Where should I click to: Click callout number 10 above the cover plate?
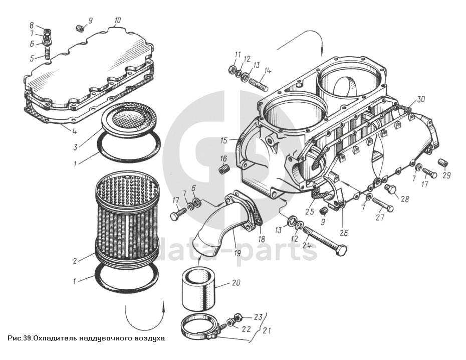(x=117, y=21)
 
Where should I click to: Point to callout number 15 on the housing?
(x=223, y=140)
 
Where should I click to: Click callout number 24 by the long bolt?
(x=307, y=246)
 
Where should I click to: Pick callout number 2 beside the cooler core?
(x=75, y=261)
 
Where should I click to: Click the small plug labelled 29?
(x=442, y=163)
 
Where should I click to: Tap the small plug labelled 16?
(x=224, y=168)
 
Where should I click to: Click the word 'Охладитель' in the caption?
(x=55, y=338)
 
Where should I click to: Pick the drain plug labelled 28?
(x=391, y=189)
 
